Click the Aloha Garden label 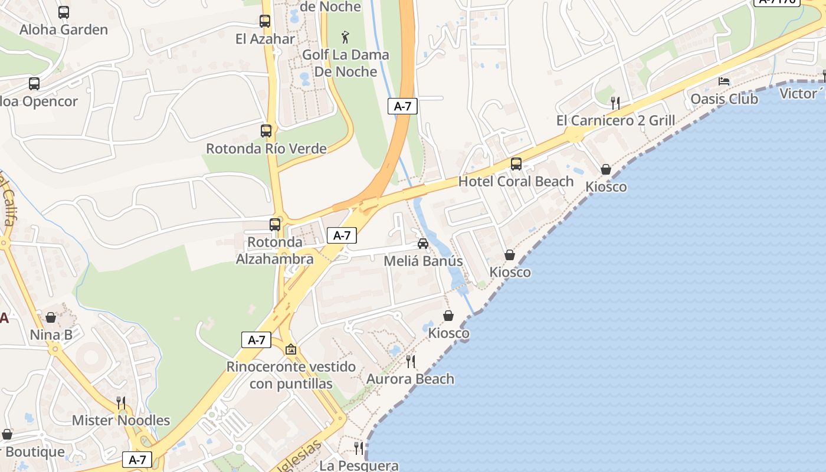64,29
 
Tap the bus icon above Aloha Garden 64,12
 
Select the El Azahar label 265,39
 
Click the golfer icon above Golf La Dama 345,38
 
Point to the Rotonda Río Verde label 266,148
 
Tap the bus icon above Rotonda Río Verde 266,131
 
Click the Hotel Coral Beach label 516,181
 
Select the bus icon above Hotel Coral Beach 516,164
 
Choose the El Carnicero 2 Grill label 615,120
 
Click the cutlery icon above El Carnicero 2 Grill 615,103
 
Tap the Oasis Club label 724,99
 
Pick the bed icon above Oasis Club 724,81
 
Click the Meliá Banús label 423,261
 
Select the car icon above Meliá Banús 423,244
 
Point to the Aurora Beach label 411,379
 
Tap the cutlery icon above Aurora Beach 411,361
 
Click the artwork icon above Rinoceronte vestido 291,349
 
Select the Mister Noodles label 121,421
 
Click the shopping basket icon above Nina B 51,318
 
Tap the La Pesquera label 359,466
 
